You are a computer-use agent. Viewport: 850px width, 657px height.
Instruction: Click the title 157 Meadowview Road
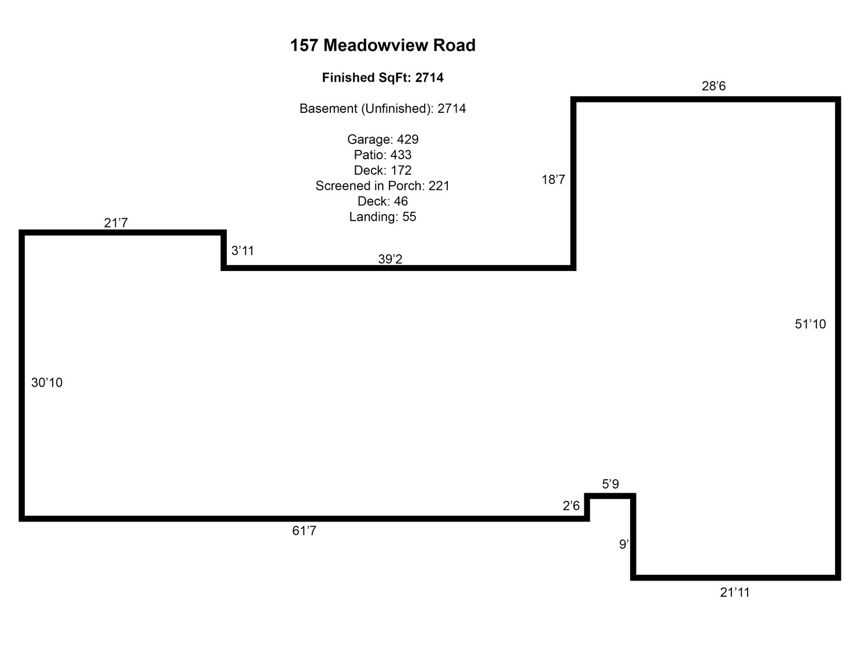382,45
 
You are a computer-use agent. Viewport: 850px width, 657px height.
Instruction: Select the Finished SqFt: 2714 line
382,78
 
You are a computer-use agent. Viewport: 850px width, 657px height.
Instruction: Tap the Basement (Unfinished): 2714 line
382,108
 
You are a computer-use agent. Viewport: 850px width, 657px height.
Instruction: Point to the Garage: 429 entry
382,140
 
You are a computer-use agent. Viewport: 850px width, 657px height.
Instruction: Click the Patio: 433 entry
382,155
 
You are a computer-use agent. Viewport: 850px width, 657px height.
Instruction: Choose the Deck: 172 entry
382,170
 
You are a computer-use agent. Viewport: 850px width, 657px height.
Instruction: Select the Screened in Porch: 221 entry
382,186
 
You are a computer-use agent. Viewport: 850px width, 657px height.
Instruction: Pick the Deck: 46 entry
382,201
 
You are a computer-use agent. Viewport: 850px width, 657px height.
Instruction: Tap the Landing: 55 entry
382,216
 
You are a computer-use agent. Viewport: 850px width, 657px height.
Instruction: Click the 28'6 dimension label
713,86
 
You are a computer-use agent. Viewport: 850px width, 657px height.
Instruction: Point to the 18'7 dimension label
553,179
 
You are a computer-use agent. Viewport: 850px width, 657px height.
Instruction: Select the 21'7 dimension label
116,222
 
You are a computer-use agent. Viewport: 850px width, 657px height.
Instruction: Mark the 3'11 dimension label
242,251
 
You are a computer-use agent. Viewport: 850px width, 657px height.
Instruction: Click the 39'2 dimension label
390,259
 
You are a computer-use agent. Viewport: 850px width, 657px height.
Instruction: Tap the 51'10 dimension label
810,324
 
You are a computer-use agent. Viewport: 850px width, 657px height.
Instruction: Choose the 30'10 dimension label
47,383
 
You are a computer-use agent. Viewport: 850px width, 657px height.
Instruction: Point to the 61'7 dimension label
304,531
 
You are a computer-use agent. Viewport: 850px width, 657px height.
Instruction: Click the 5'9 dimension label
610,484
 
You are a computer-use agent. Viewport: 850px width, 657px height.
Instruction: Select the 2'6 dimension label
571,506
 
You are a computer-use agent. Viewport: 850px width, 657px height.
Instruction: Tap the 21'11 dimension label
735,592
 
